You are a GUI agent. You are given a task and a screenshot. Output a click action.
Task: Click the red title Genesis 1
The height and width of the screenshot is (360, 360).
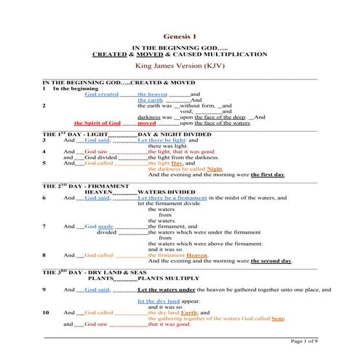tap(179, 36)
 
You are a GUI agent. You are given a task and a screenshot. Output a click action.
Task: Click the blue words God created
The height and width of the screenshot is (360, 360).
tap(101, 95)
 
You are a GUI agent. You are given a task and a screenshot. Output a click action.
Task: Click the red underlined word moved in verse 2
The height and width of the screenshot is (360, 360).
tap(147, 124)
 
